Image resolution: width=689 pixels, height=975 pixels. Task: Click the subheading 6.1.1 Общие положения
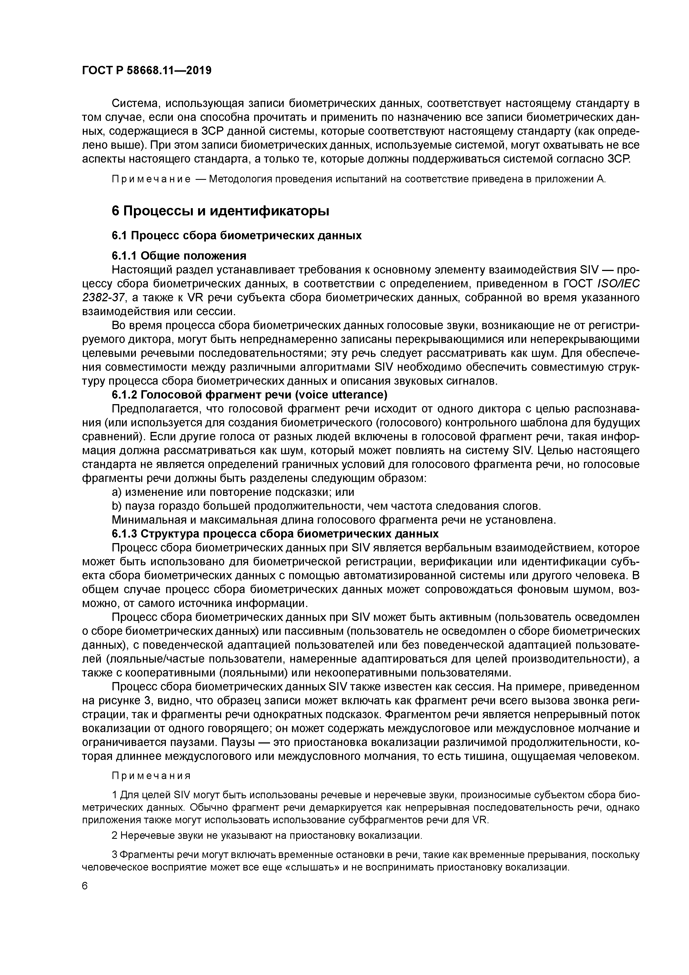(x=179, y=256)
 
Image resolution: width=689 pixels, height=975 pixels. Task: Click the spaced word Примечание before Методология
(x=151, y=179)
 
